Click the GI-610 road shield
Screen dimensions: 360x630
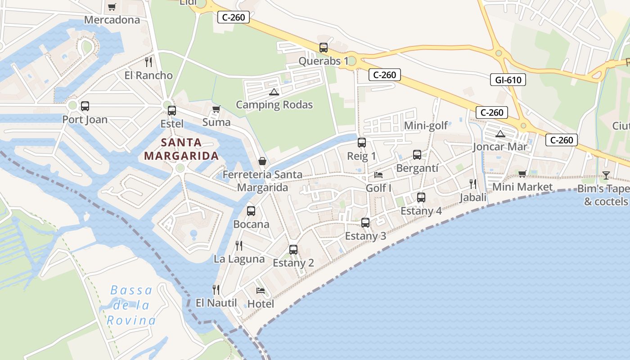(508, 80)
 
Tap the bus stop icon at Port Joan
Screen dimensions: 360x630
(85, 106)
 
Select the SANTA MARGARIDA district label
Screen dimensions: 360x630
(181, 149)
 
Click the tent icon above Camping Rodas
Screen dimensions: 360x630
(274, 92)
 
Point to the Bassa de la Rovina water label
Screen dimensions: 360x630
(131, 306)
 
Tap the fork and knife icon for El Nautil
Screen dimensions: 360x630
(216, 289)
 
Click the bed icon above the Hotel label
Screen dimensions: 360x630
(261, 291)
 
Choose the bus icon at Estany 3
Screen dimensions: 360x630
(365, 223)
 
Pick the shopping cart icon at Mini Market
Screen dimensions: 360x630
(522, 174)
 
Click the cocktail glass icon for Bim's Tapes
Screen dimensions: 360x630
(606, 175)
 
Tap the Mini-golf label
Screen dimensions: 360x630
(426, 126)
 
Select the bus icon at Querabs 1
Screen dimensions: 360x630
(323, 48)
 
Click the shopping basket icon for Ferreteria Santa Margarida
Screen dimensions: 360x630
(262, 161)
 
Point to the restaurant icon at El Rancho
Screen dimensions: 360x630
(148, 62)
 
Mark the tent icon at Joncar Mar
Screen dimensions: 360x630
(500, 134)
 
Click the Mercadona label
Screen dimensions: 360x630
(112, 20)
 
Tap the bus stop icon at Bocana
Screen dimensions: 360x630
(251, 211)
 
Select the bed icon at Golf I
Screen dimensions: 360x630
(378, 175)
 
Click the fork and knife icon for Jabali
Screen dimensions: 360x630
(472, 184)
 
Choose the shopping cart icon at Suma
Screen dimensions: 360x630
(216, 109)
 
